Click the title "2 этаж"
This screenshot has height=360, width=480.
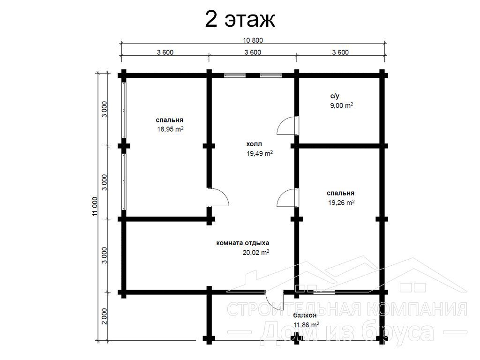tap(240, 19)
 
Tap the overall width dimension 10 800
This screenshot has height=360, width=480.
tap(253, 40)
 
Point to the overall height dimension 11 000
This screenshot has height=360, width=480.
tap(95, 206)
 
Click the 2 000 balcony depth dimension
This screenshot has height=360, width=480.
tap(105, 316)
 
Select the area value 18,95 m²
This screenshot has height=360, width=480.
tap(170, 129)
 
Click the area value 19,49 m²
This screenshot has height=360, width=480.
tap(260, 153)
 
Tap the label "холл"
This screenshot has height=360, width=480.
tap(254, 144)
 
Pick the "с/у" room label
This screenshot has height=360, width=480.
tap(335, 96)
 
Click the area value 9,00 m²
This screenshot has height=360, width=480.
tap(341, 105)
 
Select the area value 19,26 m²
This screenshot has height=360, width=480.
tap(341, 202)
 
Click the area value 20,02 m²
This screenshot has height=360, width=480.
tap(256, 253)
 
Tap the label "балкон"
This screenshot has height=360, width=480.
tap(305, 315)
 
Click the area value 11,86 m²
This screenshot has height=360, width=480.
tap(307, 325)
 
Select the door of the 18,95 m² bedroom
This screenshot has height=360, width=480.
tap(218, 197)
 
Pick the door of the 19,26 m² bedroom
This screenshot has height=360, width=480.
tap(287, 198)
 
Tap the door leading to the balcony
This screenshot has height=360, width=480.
tap(275, 300)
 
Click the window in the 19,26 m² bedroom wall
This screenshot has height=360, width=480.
tap(324, 292)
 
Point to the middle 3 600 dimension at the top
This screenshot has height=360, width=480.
tap(253, 52)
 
